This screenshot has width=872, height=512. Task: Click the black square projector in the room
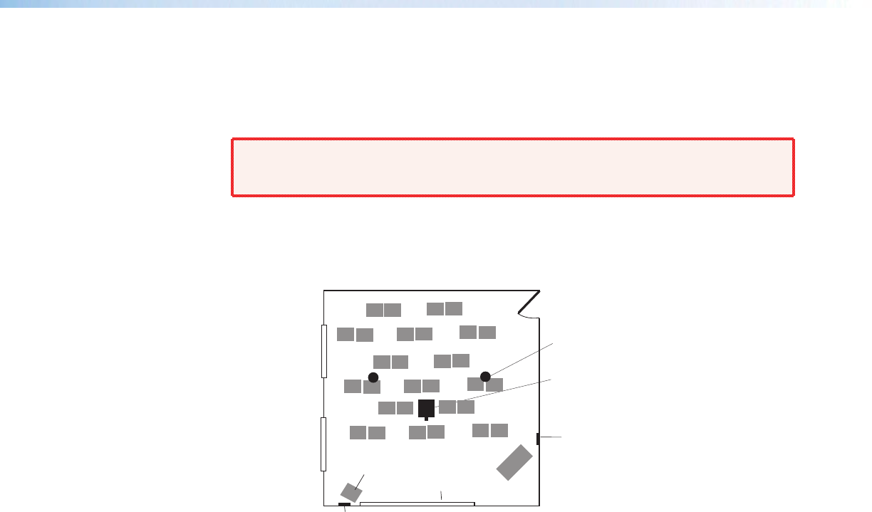coord(426,408)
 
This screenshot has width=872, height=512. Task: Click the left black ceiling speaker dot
coord(373,377)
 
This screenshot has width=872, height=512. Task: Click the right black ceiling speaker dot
coord(485,376)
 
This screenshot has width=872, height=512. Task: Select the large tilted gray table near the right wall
coord(514,462)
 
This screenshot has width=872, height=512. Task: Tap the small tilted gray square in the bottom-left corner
coord(350,492)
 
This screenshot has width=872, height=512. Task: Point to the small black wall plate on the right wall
coord(537,438)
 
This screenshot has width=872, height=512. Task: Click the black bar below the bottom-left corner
coord(344,505)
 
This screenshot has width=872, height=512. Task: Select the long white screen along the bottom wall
coord(417,503)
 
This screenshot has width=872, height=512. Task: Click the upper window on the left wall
coord(323,351)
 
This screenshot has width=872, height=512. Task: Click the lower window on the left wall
coord(323,444)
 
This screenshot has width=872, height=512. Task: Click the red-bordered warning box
coord(513,167)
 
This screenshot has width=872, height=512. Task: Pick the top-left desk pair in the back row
coord(383,310)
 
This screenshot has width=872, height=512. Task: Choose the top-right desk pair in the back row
coord(445,308)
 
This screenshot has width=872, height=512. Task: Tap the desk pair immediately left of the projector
coord(395,408)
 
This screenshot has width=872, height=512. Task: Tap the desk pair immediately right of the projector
coord(457,407)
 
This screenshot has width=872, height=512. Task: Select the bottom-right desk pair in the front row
coord(490,430)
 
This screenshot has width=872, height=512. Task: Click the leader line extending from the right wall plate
coord(550,437)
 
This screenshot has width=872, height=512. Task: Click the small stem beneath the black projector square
coord(426,419)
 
